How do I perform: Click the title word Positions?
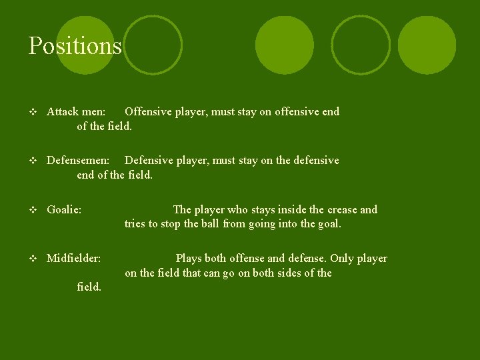coord(75,46)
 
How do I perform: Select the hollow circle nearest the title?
coord(153,45)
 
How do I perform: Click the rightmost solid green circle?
coord(427,45)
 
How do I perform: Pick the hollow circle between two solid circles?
coord(361,45)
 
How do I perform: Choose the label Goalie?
coord(64,210)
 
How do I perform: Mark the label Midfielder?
coord(73,259)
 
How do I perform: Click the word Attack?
coord(63,112)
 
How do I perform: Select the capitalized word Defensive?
coord(149,161)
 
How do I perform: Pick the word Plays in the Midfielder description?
coord(189,259)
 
